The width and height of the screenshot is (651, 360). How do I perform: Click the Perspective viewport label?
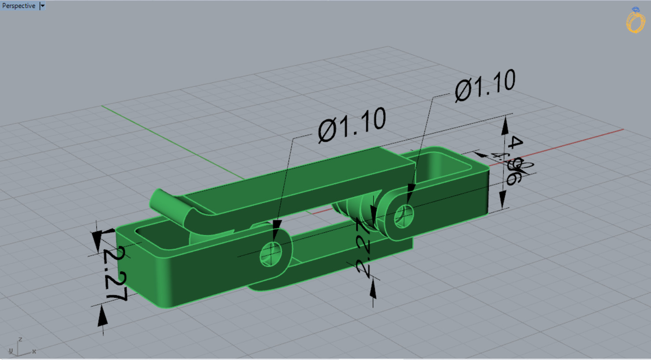pos(18,6)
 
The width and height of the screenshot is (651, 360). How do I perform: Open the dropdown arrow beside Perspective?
pos(42,6)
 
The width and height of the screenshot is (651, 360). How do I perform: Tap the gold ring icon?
pos(635,21)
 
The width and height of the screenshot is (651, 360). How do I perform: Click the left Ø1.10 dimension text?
pos(351,125)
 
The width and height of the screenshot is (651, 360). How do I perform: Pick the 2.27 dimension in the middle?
pos(364,247)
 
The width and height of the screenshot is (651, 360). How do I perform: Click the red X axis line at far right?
pos(595,137)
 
